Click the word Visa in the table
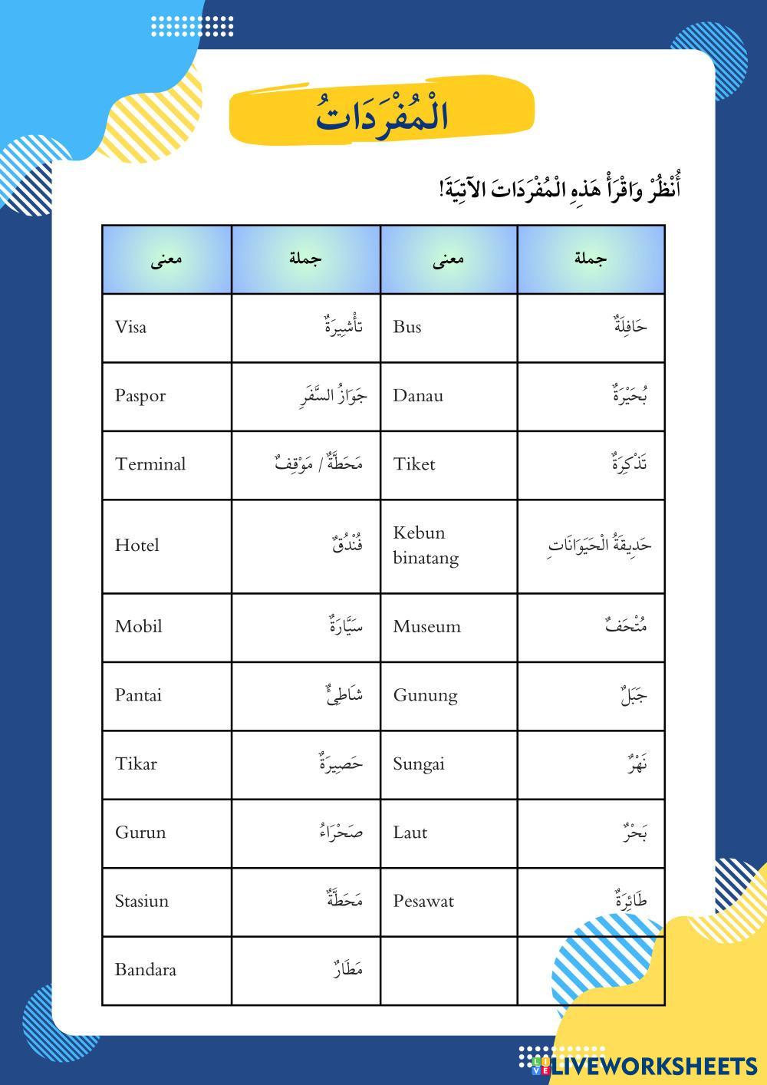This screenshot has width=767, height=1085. pos(131,328)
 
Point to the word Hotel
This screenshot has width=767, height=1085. pos(137,546)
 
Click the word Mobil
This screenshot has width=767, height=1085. pos(139,627)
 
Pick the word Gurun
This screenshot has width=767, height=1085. pos(140,833)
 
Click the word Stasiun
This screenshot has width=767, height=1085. pos(142,901)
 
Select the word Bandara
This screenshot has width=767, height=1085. pos(146,970)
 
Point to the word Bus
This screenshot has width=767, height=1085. pos(407,328)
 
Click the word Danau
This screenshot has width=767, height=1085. pos(418,396)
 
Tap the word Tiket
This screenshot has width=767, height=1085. pos(414,464)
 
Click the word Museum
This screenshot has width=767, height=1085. pos(427,627)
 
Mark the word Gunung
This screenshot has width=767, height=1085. pos(425,695)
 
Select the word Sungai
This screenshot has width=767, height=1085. pos(419,764)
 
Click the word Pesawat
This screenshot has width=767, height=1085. pos(423,901)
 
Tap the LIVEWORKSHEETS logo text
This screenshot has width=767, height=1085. pos(653,1066)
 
